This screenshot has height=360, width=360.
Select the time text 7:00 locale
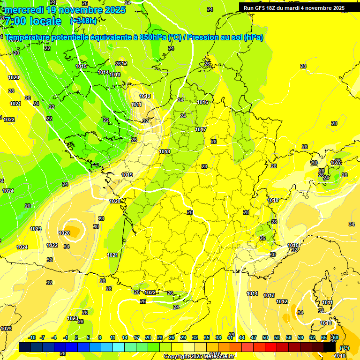click(33, 21)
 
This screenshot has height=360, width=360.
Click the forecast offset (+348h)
click(83, 21)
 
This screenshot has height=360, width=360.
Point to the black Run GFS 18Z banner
click(294, 8)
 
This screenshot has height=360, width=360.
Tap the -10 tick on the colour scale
click(32, 337)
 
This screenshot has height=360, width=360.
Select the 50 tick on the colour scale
click(265, 337)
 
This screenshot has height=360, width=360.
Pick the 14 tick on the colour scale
click(125, 337)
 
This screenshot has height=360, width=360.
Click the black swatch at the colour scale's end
click(330, 347)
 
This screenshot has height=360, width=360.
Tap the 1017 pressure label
click(201, 129)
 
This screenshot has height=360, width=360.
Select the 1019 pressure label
click(127, 175)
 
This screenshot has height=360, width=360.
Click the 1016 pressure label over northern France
click(202, 102)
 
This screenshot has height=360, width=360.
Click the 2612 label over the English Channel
click(121, 64)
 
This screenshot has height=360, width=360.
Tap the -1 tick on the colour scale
click(66, 337)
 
